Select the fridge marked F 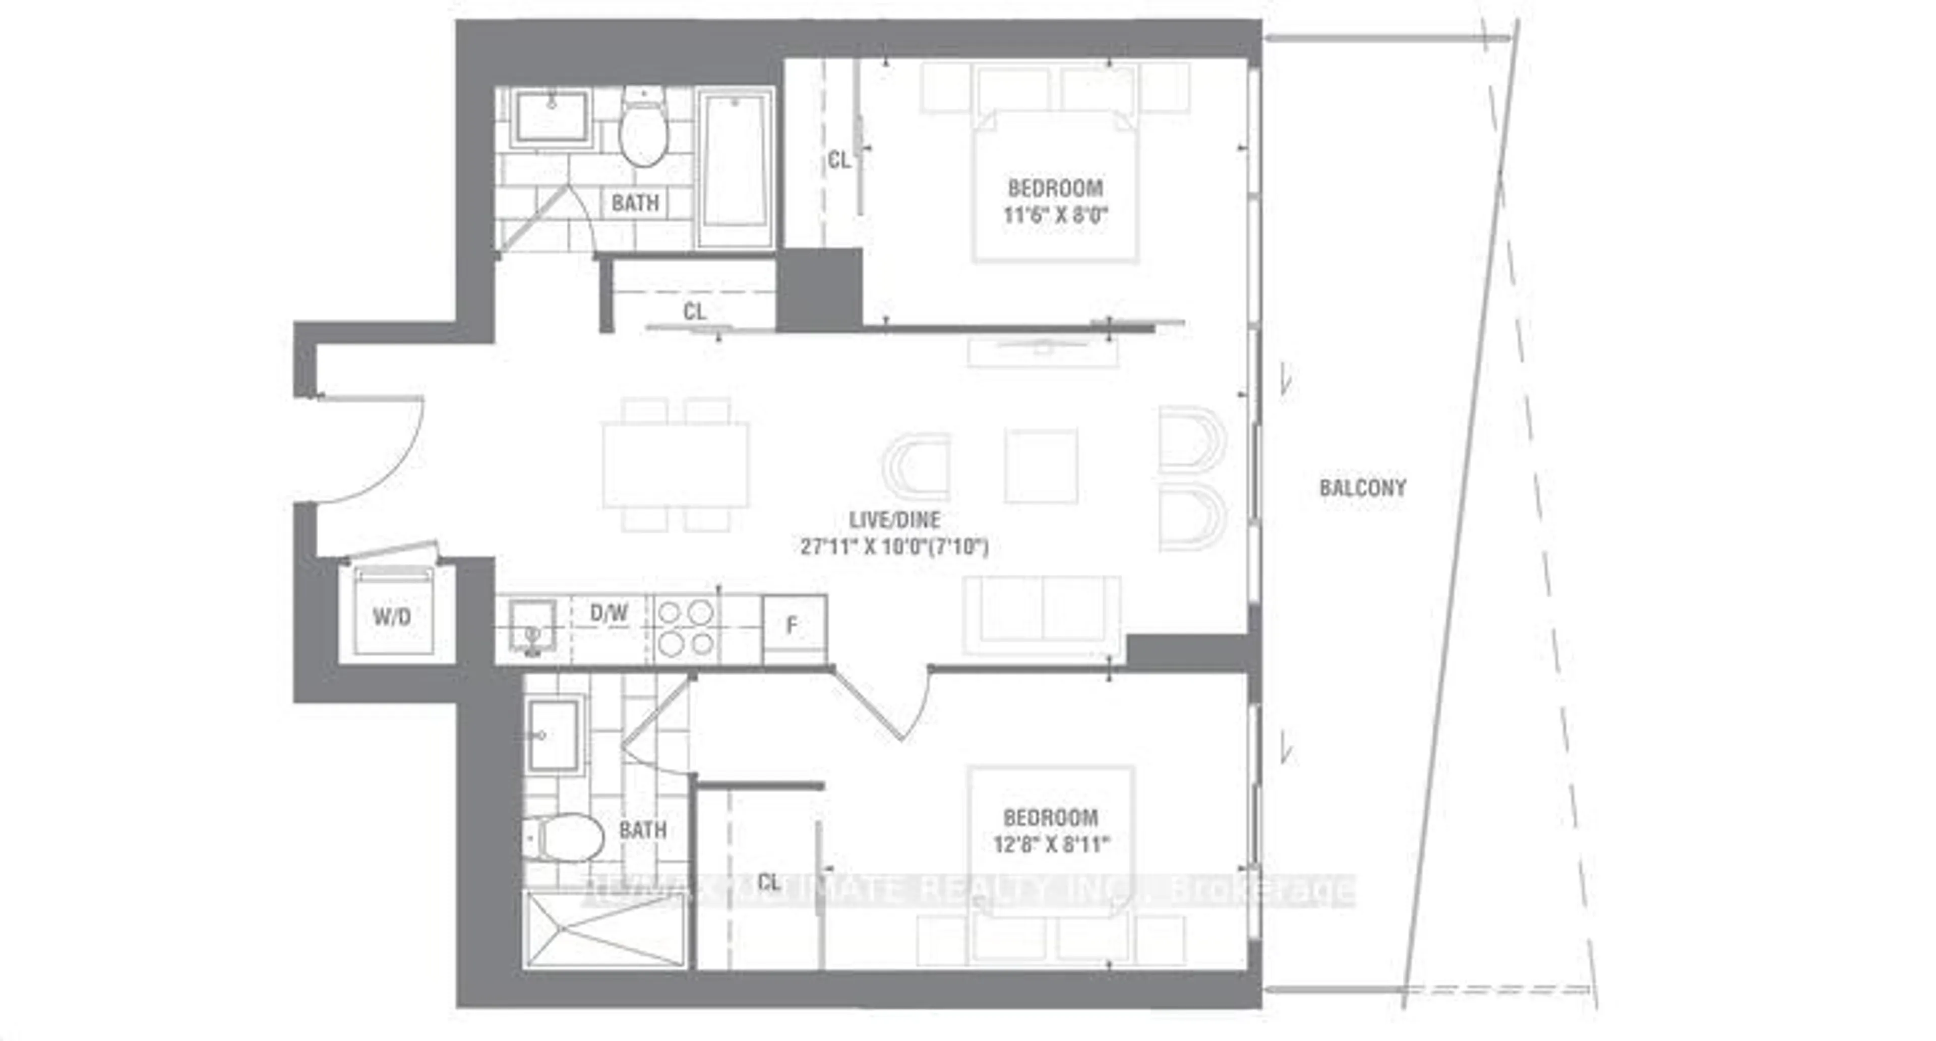pyautogui.click(x=794, y=626)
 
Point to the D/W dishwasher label pyautogui.click(x=609, y=614)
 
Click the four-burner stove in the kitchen pyautogui.click(x=686, y=628)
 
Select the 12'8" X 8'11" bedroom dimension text pyautogui.click(x=1051, y=845)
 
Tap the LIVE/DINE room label pyautogui.click(x=894, y=519)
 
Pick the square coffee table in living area pyautogui.click(x=1041, y=466)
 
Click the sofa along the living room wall pyautogui.click(x=1043, y=618)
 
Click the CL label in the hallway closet pyautogui.click(x=694, y=311)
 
